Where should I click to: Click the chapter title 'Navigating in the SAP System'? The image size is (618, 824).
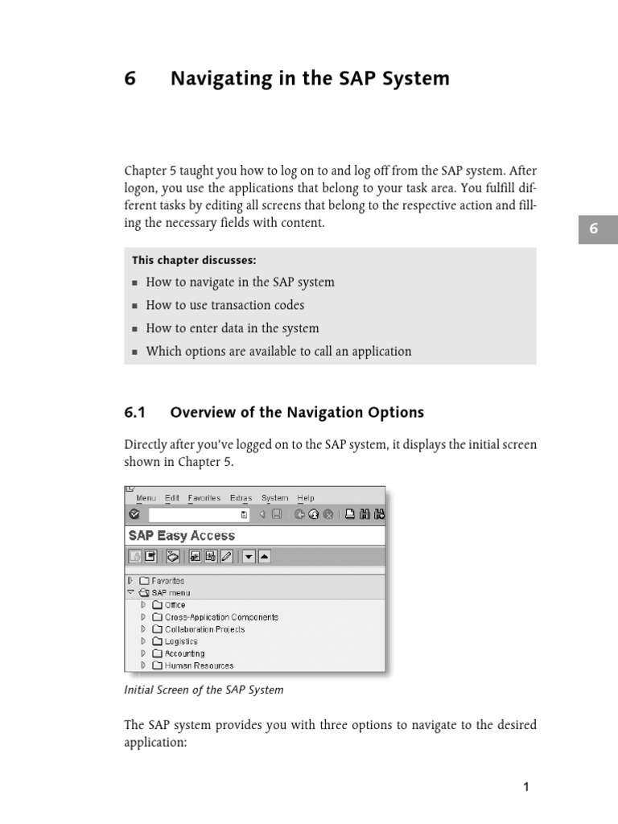coord(310,79)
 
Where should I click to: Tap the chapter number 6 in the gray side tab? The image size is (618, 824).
coord(594,229)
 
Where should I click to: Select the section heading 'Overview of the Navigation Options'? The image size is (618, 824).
coord(296,413)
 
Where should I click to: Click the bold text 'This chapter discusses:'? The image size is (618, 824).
coord(194,261)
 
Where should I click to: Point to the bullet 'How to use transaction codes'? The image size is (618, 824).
coord(225,305)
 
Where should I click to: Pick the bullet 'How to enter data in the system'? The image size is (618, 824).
coord(232,328)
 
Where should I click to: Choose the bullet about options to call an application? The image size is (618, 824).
coord(278,351)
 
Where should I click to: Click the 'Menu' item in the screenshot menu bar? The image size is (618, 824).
coord(146,498)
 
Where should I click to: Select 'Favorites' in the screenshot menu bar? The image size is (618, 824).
coord(204,498)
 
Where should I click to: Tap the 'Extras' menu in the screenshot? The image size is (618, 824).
coord(241,498)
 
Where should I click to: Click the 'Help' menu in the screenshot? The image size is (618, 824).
coord(306,498)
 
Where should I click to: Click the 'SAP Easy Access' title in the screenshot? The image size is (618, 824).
coord(182,536)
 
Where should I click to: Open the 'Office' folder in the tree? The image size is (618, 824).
coord(175,605)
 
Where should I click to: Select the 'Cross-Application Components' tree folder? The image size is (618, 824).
coord(221,617)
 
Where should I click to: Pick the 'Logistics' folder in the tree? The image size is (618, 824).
coord(181,641)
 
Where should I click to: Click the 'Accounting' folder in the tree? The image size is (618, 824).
coord(184,653)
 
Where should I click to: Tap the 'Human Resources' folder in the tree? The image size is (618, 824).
coord(199,665)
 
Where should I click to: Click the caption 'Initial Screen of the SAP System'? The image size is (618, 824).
coord(204,690)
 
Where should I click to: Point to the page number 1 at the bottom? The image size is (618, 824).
coord(526,788)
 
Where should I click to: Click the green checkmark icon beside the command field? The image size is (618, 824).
coord(134,514)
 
